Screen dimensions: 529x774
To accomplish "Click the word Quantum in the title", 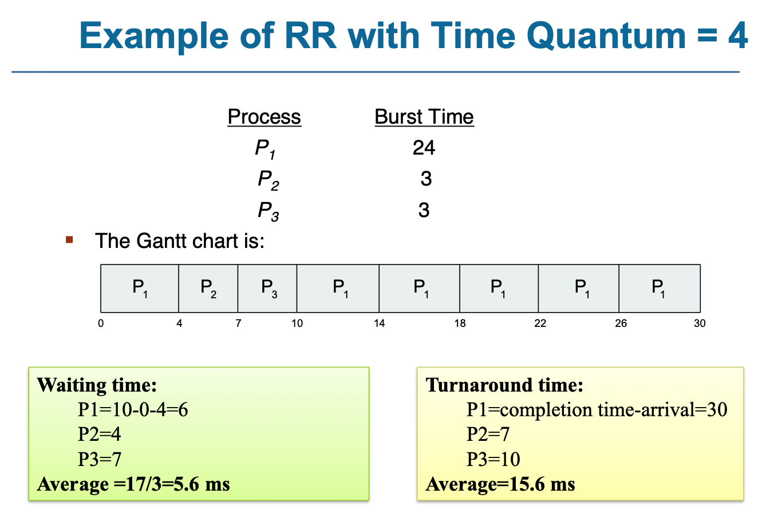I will pos(605,35).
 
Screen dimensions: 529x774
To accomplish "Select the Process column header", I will pos(264,117).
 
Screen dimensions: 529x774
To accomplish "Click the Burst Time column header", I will pos(424,117).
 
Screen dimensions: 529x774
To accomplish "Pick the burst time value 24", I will pos(424,148).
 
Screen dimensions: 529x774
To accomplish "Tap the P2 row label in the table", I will pos(268,180).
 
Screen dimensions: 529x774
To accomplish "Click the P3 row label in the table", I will pos(268,211).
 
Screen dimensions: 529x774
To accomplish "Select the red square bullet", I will pos(70,240).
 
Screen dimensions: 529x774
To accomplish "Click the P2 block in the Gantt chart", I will pos(208,288).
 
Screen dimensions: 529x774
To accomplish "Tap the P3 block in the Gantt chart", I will pos(268,288).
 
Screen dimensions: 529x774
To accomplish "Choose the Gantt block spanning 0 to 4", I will pos(140,288).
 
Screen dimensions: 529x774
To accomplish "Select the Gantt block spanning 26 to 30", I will pos(659,288).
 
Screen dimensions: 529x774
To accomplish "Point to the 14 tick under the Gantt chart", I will pos(379,323).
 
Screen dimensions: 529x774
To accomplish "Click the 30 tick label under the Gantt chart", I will pos(700,323).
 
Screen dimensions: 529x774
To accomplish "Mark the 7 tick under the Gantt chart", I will pos(238,323).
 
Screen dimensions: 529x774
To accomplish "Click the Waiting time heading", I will pos(97,385).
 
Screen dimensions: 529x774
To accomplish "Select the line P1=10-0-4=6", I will pos(133,410).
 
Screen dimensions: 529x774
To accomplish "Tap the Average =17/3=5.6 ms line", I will pos(133,484).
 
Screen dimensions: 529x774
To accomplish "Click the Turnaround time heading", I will pos(504,385).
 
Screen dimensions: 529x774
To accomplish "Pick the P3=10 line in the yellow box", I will pos(493,459).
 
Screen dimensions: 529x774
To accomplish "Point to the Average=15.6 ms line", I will pos(500,484).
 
